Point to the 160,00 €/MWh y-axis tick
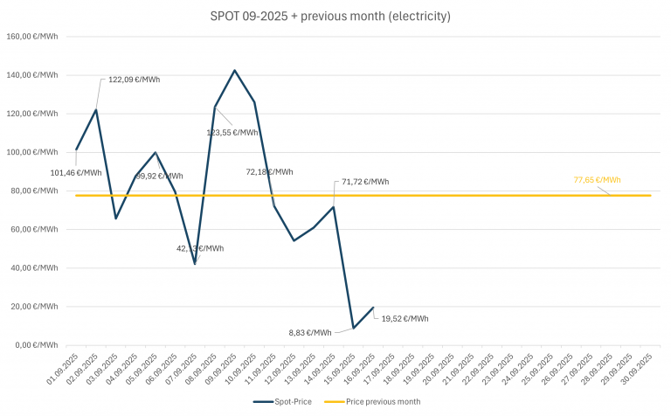35,37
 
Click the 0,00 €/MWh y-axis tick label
38,345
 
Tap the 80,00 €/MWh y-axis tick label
37,191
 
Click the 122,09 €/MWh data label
134,80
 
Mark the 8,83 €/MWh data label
309,332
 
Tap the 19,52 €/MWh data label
405,318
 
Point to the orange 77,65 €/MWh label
597,180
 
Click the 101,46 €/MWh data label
77,172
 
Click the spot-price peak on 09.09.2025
234,70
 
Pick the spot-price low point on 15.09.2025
353,328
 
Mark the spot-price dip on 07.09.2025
195,263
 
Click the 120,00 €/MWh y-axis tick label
35,114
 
